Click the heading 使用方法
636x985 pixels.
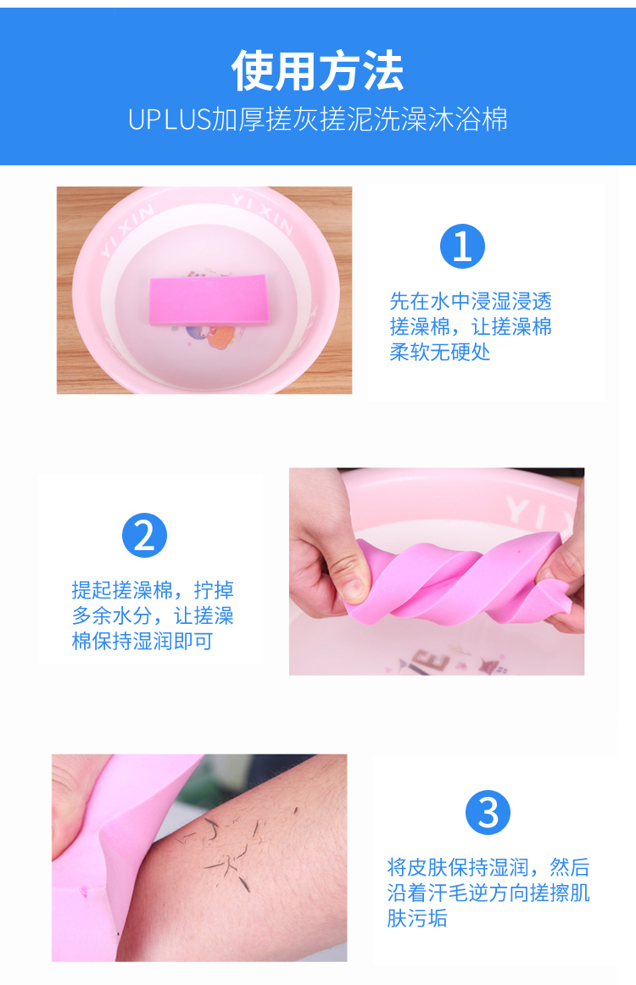coord(317,70)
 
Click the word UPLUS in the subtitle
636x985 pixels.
coord(169,120)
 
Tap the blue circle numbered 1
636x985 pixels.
coord(462,246)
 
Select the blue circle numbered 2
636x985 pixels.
coord(144,535)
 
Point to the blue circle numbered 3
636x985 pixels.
coord(488,812)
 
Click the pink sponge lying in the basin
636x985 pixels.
coord(209,300)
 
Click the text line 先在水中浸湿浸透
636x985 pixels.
coord(471,302)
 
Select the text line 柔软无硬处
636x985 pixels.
coord(440,352)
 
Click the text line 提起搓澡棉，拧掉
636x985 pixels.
coord(153,591)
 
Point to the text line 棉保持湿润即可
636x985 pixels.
coord(142,642)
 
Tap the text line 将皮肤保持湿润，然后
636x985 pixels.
coord(488,867)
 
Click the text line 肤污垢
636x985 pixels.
coord(417,918)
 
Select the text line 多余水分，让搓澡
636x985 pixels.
coord(153,615)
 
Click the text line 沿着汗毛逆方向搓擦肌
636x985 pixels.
coord(488,893)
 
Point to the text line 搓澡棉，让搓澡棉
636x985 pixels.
coord(471,326)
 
